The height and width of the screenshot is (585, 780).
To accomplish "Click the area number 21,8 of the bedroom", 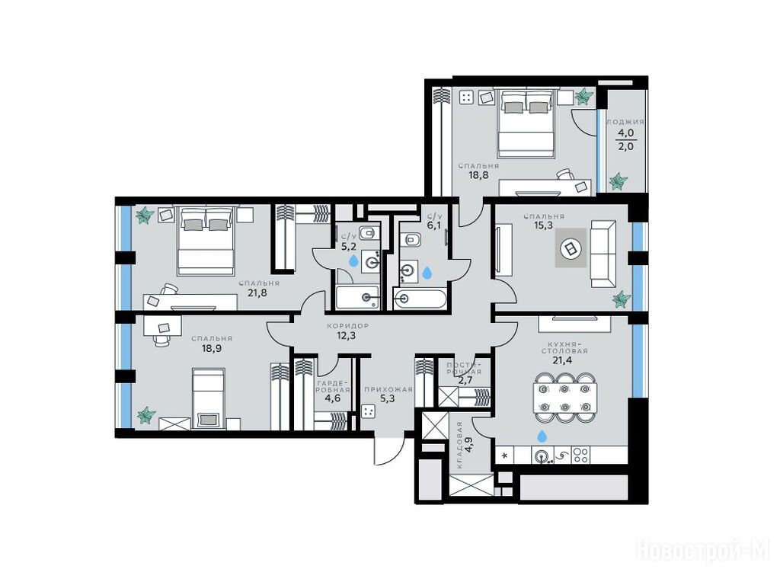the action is click(x=257, y=293).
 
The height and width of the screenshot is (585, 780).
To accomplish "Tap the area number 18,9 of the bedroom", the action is click(x=212, y=348).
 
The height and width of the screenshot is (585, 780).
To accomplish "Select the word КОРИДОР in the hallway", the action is click(x=347, y=326).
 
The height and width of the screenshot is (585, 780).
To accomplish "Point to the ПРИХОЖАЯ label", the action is click(x=388, y=389).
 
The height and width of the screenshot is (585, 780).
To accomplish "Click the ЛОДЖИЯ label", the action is click(x=625, y=122).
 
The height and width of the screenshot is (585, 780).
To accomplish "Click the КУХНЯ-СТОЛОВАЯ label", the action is click(x=567, y=347).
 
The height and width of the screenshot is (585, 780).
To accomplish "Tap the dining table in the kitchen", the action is click(x=566, y=398).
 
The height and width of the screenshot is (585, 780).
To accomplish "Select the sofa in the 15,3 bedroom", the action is click(x=603, y=254).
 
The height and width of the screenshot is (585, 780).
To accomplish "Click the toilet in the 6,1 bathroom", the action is click(x=412, y=240).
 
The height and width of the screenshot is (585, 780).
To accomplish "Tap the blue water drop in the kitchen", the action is click(x=542, y=436).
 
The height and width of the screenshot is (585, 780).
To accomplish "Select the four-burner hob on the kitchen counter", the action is click(x=580, y=456).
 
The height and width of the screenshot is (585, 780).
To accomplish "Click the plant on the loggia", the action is click(x=619, y=181).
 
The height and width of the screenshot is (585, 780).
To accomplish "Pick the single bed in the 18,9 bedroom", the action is click(x=209, y=398).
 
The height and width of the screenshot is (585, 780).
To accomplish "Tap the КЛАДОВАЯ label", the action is click(x=459, y=445).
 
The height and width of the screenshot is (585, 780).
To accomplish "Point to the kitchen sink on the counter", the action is click(x=542, y=456).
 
